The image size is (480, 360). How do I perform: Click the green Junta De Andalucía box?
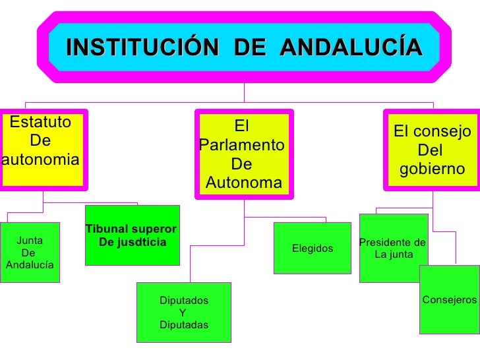click(x=30, y=253)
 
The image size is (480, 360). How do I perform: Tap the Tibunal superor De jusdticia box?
click(x=132, y=235)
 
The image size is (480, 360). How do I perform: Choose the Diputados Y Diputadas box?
click(x=184, y=313)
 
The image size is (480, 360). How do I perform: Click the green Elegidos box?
click(x=313, y=248)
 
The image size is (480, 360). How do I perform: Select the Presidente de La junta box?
click(x=393, y=248)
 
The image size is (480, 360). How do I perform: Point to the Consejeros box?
click(x=449, y=300)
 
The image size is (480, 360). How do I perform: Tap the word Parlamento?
click(x=241, y=144)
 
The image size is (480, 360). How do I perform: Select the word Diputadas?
click(x=184, y=324)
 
